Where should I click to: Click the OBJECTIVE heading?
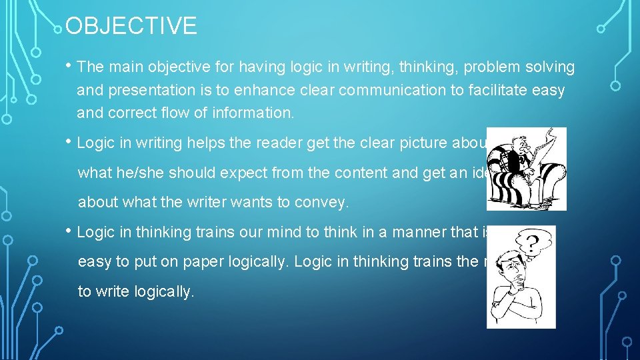click(x=131, y=26)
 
